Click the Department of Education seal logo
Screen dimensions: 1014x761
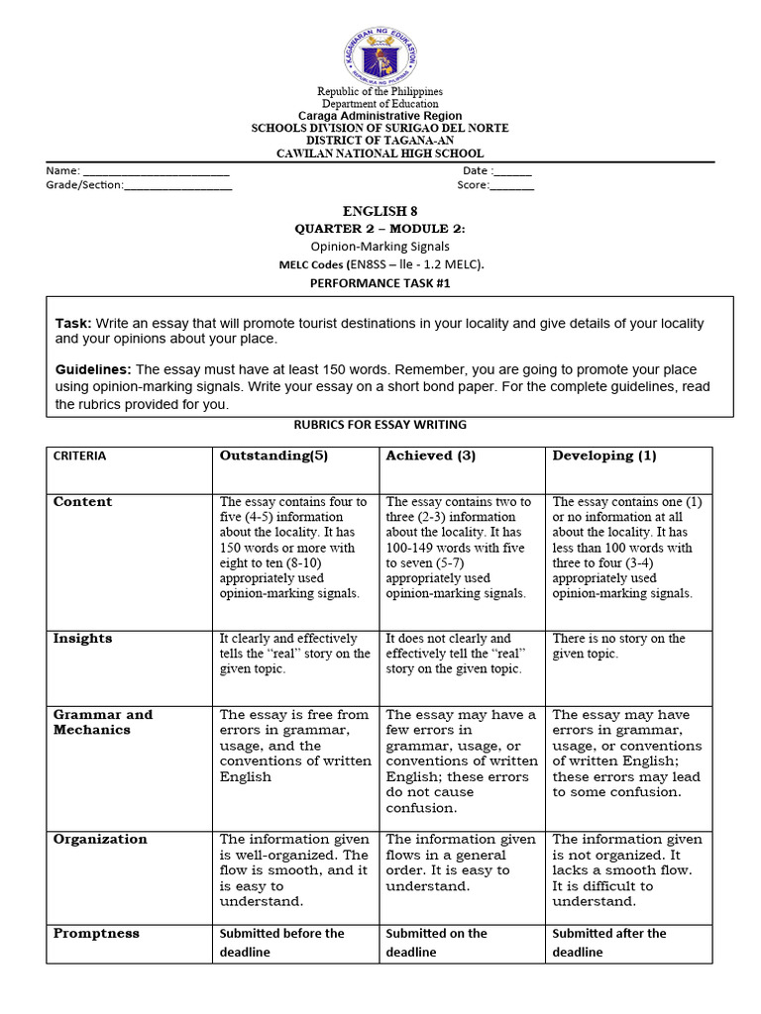pyautogui.click(x=380, y=54)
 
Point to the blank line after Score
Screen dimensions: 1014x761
pyautogui.click(x=511, y=188)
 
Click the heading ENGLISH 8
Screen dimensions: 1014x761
pyautogui.click(x=375, y=211)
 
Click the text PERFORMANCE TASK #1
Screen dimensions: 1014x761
pyautogui.click(x=380, y=282)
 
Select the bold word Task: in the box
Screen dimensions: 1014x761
pyautogui.click(x=72, y=324)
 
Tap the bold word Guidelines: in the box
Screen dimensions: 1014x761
pyautogui.click(x=93, y=369)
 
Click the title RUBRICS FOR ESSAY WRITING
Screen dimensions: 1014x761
pyautogui.click(x=380, y=425)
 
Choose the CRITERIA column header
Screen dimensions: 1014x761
pyautogui.click(x=79, y=456)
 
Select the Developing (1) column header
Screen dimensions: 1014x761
pyautogui.click(x=604, y=456)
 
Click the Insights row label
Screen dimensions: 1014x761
pyautogui.click(x=82, y=639)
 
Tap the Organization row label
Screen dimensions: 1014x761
pyautogui.click(x=100, y=839)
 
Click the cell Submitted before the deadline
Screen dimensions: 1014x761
pyautogui.click(x=281, y=943)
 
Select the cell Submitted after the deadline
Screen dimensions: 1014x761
pyautogui.click(x=608, y=943)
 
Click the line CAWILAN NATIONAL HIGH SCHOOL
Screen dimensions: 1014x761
pyautogui.click(x=380, y=153)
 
